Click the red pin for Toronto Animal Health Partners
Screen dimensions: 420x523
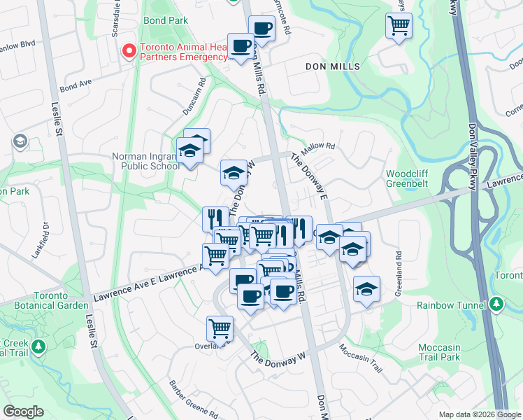pos(129,50)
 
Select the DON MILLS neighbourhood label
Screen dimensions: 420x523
pos(333,66)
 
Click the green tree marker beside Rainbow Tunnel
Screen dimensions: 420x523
pos(496,304)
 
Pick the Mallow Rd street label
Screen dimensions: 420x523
pos(319,149)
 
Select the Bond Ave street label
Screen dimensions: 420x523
pos(76,87)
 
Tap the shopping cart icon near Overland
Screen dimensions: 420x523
pos(220,328)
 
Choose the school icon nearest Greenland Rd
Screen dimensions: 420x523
pos(366,289)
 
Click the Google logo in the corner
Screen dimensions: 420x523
pos(22,412)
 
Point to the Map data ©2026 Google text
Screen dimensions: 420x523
pos(480,414)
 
